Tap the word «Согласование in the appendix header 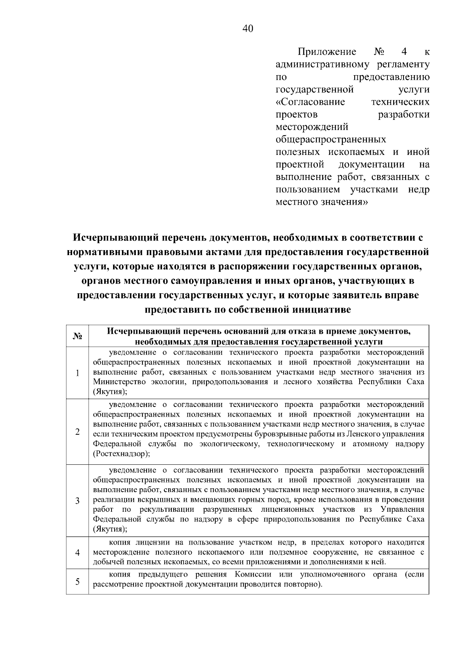310,102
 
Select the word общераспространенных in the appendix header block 331,139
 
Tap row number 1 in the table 78,373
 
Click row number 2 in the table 78,432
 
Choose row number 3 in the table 78,501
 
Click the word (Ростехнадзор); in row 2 122,454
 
